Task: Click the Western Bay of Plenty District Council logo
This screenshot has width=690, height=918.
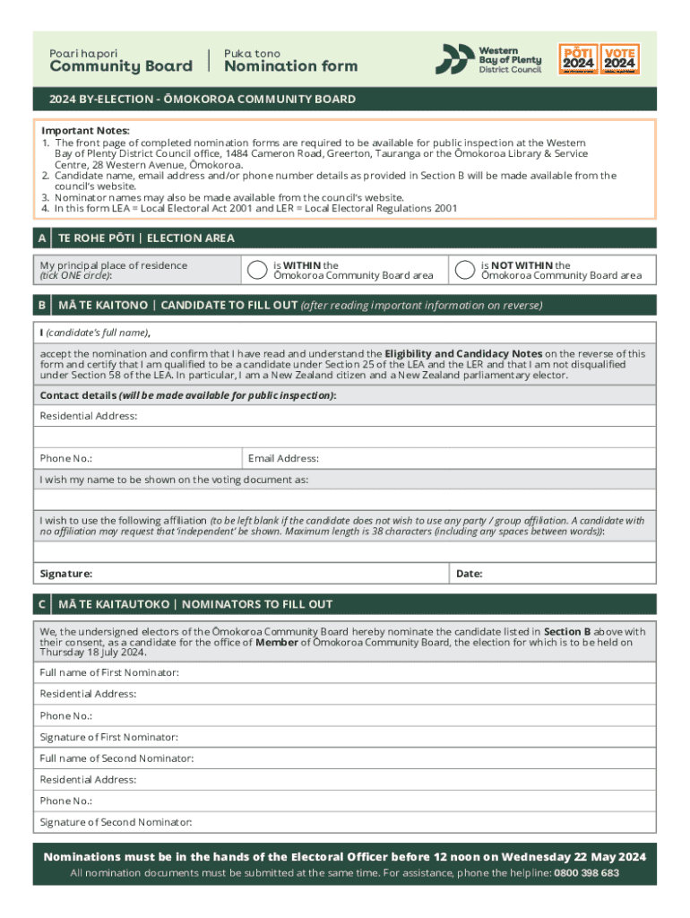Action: [x=488, y=59]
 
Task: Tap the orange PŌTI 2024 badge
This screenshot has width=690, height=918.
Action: [x=578, y=59]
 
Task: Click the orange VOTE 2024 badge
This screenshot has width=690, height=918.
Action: [x=619, y=59]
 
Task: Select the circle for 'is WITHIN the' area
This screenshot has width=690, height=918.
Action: [x=257, y=270]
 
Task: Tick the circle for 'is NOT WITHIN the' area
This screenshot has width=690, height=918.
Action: [x=464, y=270]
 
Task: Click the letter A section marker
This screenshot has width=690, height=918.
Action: [x=42, y=238]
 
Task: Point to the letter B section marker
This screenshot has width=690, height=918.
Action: [x=42, y=306]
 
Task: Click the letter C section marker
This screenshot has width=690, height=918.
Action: [x=42, y=605]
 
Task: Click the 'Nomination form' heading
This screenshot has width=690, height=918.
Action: [x=290, y=66]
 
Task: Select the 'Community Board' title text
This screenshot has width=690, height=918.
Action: [x=121, y=66]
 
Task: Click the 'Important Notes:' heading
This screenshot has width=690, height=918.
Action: [x=85, y=131]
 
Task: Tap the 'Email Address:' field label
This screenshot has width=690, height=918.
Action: [x=283, y=458]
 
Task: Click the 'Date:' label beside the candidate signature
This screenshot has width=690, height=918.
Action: [x=470, y=574]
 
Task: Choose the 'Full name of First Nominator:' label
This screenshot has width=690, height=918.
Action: [x=109, y=672]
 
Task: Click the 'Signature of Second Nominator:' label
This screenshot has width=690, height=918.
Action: [x=116, y=822]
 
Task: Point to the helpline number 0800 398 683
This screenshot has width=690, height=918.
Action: [x=586, y=873]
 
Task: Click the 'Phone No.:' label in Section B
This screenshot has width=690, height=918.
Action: [x=65, y=458]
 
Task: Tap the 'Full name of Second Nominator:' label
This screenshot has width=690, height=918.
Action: [x=116, y=758]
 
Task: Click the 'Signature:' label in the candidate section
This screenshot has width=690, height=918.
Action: [x=65, y=574]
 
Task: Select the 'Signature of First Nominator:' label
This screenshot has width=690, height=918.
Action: [x=108, y=737]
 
